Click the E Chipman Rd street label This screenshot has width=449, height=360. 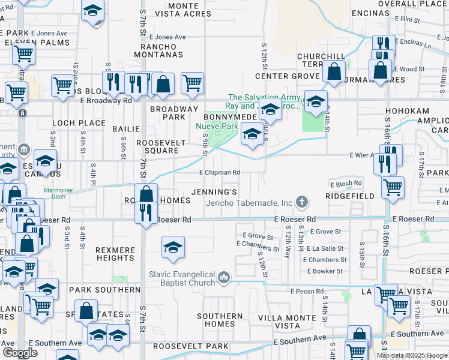(220, 173)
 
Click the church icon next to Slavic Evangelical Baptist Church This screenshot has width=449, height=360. (224, 277)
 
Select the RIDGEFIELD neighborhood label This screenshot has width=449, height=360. (349, 196)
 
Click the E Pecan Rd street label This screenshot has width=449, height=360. (306, 291)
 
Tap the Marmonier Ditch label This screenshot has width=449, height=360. (58, 192)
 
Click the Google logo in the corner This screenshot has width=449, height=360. (19, 353)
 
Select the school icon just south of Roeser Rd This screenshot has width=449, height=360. (172, 247)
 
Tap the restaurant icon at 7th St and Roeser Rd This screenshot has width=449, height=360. (146, 213)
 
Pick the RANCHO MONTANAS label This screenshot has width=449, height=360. (161, 50)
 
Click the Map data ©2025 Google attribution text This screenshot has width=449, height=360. (412, 355)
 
